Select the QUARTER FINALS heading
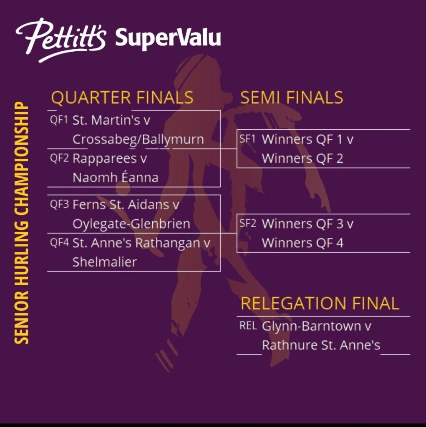[x=122, y=98]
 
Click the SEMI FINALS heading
[x=292, y=98]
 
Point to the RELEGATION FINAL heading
[x=320, y=303]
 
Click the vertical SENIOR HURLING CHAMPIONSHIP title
[x=21, y=223]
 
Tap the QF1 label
[x=59, y=120]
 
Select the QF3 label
[x=59, y=204]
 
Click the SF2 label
[x=248, y=224]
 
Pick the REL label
[x=248, y=326]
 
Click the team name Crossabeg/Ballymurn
[x=138, y=140]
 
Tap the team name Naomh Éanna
[x=116, y=177]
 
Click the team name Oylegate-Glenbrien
[x=131, y=224]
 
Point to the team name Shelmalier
[x=105, y=262]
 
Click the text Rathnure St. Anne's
[x=321, y=345]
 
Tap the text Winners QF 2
[x=302, y=158]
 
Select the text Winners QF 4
[x=302, y=243]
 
